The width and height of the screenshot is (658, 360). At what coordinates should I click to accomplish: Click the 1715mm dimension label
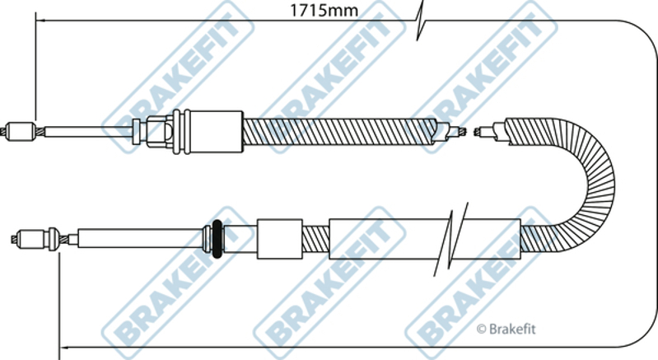[x=324, y=10]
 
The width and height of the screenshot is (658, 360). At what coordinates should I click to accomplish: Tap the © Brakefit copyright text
[x=506, y=330]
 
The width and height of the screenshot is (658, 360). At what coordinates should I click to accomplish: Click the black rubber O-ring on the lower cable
[x=217, y=239]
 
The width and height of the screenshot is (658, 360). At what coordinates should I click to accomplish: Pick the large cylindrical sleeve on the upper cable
[x=213, y=132]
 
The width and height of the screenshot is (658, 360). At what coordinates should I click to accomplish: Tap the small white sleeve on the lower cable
[x=279, y=239]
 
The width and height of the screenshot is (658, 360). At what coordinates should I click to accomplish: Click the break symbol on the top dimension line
[x=421, y=20]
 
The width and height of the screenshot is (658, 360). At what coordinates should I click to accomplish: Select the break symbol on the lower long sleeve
[x=450, y=239]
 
